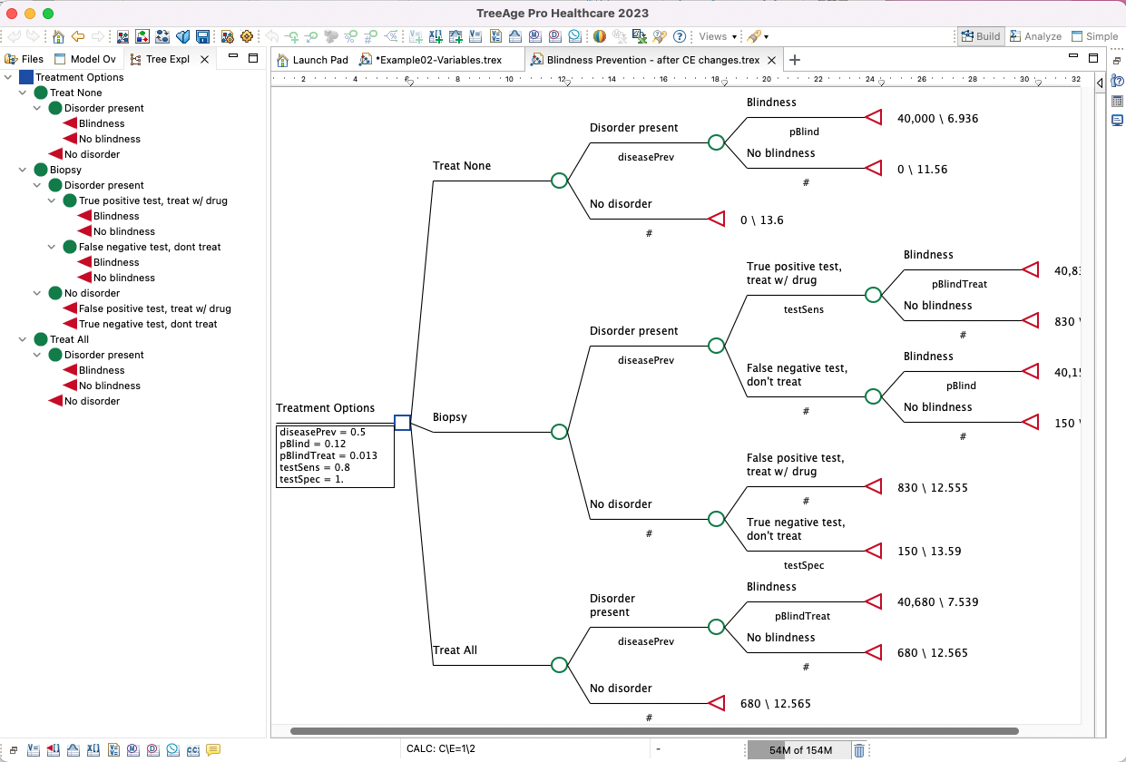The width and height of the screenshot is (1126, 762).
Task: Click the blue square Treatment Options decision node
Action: click(x=403, y=423)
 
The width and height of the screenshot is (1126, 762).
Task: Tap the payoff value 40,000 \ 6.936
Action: click(x=937, y=119)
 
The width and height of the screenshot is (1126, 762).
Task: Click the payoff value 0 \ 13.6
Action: click(x=761, y=220)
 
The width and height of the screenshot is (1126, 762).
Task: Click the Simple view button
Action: click(x=1095, y=36)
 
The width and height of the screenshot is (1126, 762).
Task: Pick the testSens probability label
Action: click(x=804, y=309)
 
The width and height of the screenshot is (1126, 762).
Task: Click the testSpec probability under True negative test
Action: click(x=804, y=565)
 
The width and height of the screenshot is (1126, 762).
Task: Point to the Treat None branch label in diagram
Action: click(x=462, y=166)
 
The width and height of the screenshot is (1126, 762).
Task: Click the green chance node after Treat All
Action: click(x=560, y=665)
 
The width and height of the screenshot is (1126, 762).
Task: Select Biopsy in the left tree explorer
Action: click(x=65, y=170)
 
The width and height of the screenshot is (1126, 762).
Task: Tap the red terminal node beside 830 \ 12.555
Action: click(x=873, y=487)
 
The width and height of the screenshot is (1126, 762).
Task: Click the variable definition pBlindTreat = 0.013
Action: click(x=328, y=455)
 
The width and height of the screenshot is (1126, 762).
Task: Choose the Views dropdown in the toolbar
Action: click(x=717, y=36)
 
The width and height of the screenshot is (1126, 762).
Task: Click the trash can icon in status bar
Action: click(x=858, y=750)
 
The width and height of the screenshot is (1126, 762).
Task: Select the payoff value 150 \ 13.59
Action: click(x=929, y=552)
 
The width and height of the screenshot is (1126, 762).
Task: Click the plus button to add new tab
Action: click(x=795, y=60)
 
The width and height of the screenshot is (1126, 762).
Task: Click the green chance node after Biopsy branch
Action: click(x=560, y=432)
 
